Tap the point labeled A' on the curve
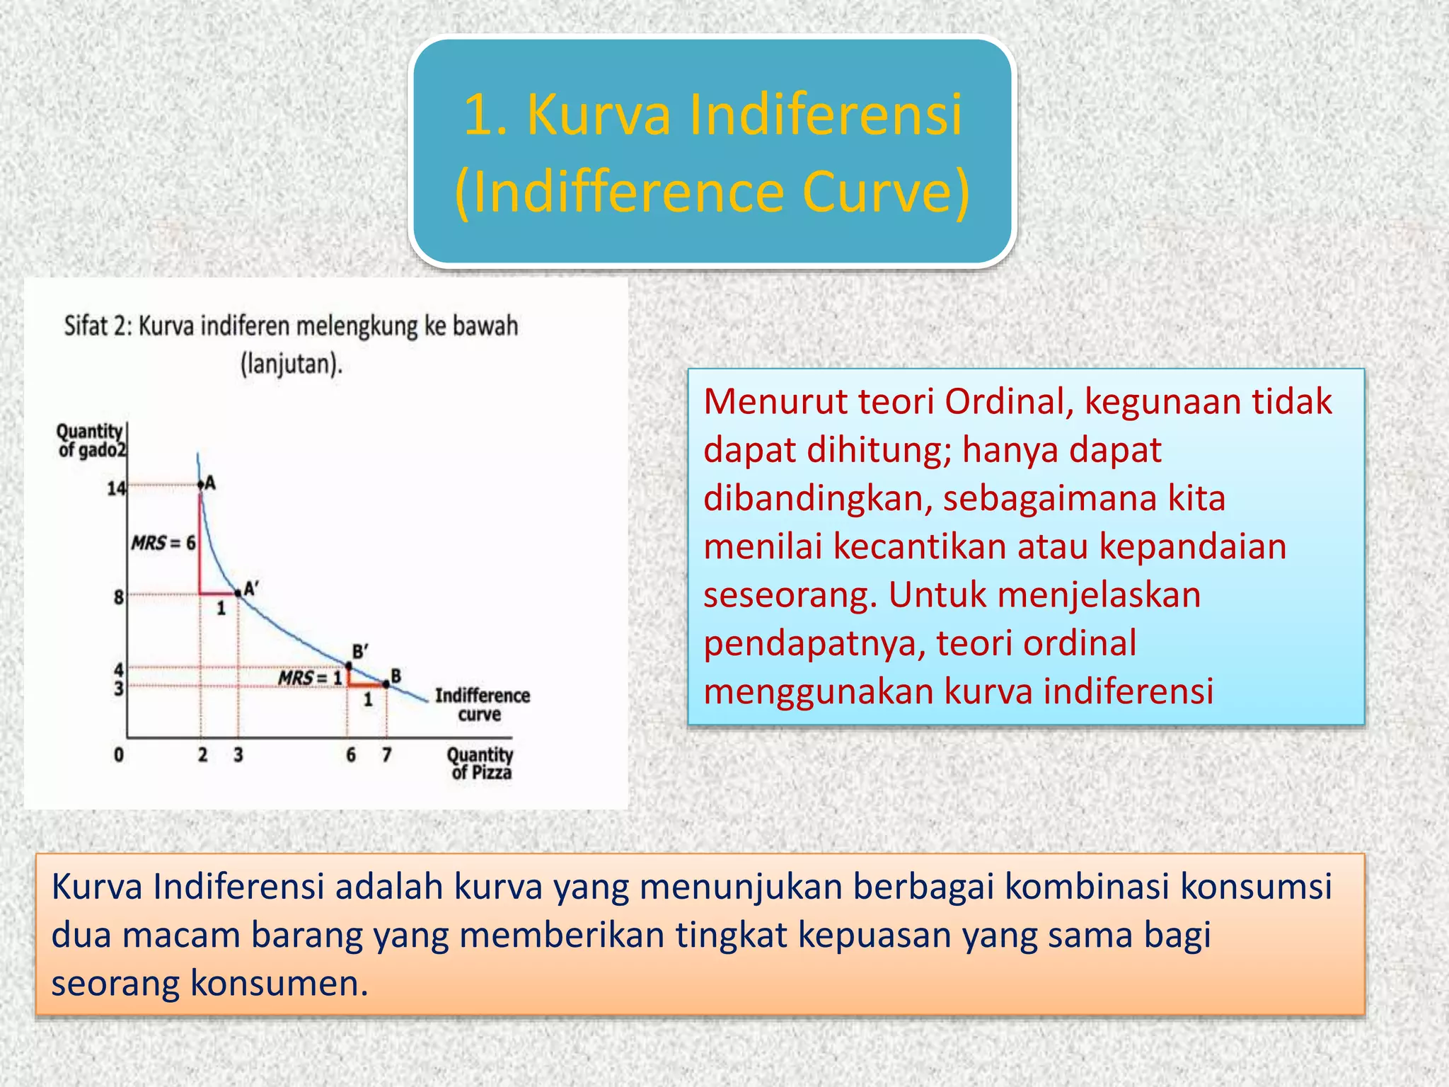pyautogui.click(x=238, y=593)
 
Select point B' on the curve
pyautogui.click(x=349, y=665)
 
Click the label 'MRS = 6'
pyautogui.click(x=163, y=543)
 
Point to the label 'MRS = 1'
pyautogui.click(x=310, y=678)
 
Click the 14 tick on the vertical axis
pyautogui.click(x=116, y=488)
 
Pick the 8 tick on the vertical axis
pyautogui.click(x=119, y=597)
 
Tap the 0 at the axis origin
pyautogui.click(x=119, y=755)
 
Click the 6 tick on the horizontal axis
pyautogui.click(x=351, y=755)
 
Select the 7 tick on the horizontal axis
pyautogui.click(x=386, y=755)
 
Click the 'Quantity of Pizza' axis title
pyautogui.click(x=480, y=764)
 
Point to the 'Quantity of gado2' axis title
pyautogui.click(x=91, y=440)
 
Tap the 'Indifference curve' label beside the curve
pyautogui.click(x=482, y=705)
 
